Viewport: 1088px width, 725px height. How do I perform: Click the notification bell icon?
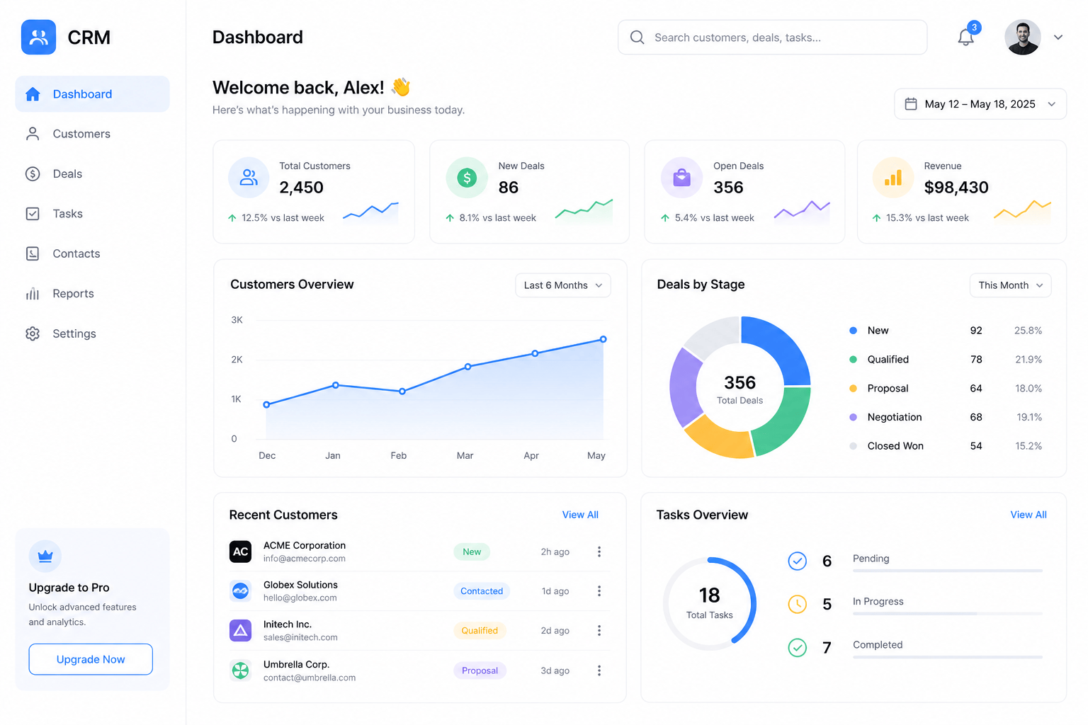pos(965,38)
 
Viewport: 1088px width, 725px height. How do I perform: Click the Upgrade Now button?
pos(91,659)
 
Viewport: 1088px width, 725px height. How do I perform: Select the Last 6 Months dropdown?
pos(563,285)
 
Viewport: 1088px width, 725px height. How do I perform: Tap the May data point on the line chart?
pos(603,339)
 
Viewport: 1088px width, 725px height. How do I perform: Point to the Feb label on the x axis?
pos(398,455)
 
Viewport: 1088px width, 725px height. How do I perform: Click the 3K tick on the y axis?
pos(237,319)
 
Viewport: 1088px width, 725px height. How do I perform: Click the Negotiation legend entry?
pos(894,416)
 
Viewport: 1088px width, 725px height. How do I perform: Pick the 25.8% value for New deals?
pos(1028,330)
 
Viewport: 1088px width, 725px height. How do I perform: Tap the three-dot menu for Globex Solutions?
pos(599,590)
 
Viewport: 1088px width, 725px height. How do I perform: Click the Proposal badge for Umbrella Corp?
pos(480,670)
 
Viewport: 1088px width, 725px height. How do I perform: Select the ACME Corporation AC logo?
pos(240,551)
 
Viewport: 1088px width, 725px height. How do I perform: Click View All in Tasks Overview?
pos(1028,514)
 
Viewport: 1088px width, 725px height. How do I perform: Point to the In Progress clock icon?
pos(797,604)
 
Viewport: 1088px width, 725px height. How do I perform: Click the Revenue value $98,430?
pos(956,187)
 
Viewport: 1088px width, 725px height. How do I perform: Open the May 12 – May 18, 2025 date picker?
pos(980,104)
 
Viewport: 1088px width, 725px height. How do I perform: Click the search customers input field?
pos(772,38)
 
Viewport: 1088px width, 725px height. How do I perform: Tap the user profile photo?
pos(1022,38)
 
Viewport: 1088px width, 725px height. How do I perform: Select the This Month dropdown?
pos(1010,285)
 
